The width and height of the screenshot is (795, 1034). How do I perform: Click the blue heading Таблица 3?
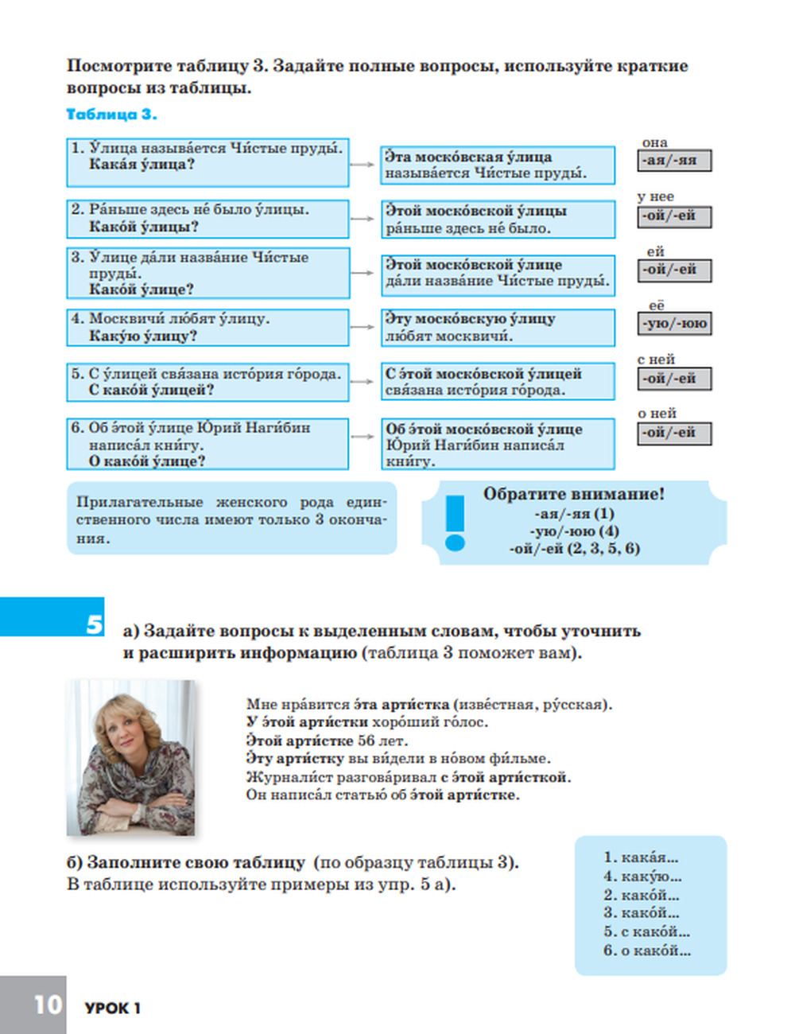click(x=111, y=115)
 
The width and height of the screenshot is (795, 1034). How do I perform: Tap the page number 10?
click(x=48, y=1005)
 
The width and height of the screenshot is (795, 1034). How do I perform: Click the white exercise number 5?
click(x=95, y=624)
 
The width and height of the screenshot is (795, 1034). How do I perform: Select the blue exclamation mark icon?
click(x=455, y=523)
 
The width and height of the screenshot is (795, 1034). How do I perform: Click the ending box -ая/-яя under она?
click(x=673, y=161)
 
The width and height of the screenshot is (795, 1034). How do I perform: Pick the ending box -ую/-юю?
click(x=673, y=324)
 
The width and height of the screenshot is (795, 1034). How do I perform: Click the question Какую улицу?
click(x=143, y=336)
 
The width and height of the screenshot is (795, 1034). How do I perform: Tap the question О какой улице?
click(x=146, y=461)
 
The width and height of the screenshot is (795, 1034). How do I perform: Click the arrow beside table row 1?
click(x=363, y=165)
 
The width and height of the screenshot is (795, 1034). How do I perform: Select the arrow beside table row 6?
click(x=363, y=437)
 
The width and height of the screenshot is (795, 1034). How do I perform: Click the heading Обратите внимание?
click(x=573, y=494)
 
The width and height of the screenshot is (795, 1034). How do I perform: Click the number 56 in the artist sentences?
click(x=366, y=741)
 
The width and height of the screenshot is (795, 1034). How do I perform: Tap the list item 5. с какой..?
click(x=646, y=931)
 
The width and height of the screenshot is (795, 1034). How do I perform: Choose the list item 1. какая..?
click(x=640, y=857)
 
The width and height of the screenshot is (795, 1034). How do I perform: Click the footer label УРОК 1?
click(x=112, y=1009)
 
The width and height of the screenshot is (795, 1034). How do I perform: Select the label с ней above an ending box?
click(x=656, y=360)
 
